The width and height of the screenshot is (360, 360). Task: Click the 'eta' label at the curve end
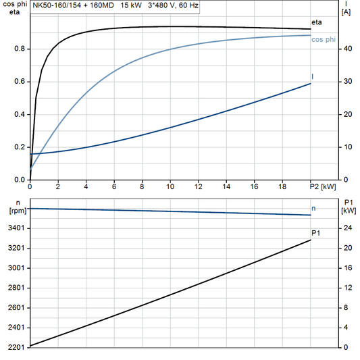click(316, 23)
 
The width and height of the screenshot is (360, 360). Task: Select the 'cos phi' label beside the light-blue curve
click(323, 40)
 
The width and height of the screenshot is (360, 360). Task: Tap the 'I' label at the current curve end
click(312, 76)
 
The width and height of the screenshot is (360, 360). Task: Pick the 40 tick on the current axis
click(346, 49)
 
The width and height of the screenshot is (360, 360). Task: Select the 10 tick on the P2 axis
click(170, 186)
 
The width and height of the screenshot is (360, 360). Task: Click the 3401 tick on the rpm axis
click(16, 228)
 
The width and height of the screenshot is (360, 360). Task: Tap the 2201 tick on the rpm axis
click(16, 347)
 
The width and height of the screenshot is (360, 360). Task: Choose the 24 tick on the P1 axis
click(346, 228)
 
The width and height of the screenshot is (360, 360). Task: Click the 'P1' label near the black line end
click(315, 233)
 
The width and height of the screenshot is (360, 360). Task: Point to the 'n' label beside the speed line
click(313, 208)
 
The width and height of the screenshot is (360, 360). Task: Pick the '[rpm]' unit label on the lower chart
click(17, 211)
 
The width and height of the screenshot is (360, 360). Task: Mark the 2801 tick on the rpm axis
click(16, 288)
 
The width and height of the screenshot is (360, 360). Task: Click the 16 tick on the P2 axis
click(254, 186)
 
